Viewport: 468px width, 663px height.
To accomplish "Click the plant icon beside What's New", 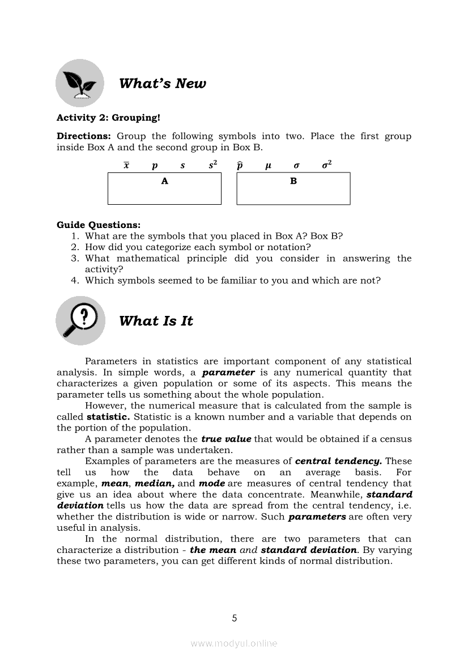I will click(80, 83).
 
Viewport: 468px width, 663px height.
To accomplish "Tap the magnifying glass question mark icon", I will click(80, 320).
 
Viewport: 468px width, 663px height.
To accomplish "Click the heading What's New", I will click(163, 84).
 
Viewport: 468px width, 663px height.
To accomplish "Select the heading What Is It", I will click(156, 321).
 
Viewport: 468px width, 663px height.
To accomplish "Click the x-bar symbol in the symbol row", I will click(126, 166).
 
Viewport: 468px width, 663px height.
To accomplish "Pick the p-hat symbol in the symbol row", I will click(240, 166).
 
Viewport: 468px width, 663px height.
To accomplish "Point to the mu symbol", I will click(269, 166).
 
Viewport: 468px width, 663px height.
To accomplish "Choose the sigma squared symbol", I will click(326, 165).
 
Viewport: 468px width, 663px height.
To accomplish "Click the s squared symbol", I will click(212, 165).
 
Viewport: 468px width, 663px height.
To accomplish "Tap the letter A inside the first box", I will click(165, 181).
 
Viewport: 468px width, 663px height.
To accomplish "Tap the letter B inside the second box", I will click(293, 181).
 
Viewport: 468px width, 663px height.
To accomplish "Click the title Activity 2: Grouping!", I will click(108, 118).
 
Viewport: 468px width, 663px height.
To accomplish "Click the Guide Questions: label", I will click(99, 225).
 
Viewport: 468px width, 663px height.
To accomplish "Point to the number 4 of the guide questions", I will click(74, 280).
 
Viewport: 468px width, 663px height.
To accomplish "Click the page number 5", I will click(234, 618).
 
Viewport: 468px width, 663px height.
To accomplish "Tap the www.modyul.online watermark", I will click(234, 643).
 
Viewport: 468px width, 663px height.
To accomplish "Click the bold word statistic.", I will click(108, 417).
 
